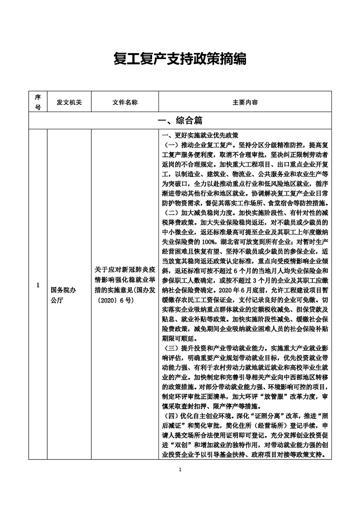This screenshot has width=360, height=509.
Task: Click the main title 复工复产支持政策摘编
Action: pos(180,59)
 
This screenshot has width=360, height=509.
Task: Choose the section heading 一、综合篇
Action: pos(180,121)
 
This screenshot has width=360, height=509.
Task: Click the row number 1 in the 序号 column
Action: pos(38,285)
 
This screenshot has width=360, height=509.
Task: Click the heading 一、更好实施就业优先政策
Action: pos(200,135)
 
